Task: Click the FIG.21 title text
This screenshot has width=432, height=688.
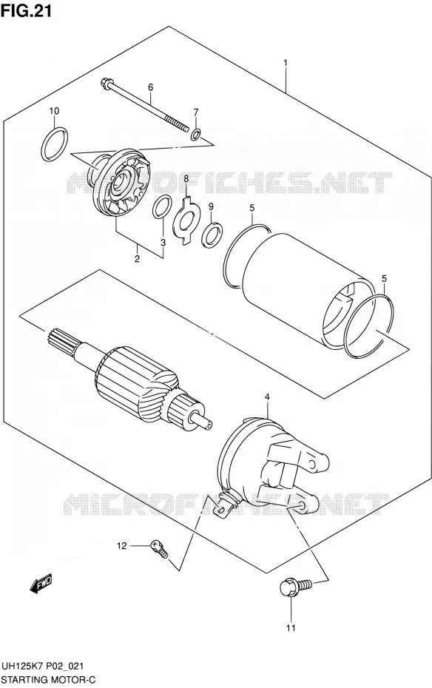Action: (x=27, y=10)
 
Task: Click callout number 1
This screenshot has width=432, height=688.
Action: (x=286, y=63)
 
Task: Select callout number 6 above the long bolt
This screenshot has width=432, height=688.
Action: (x=150, y=87)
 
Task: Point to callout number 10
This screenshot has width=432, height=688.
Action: (x=54, y=111)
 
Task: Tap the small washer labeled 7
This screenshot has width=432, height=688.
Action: (x=196, y=133)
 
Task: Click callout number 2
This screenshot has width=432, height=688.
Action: (x=138, y=259)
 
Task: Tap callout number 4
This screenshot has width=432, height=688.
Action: (x=267, y=397)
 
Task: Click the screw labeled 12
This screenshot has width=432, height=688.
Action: (x=158, y=548)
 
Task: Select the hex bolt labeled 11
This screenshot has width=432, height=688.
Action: (x=295, y=587)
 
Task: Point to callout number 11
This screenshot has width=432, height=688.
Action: (x=291, y=628)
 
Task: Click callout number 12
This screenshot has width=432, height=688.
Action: (x=121, y=546)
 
